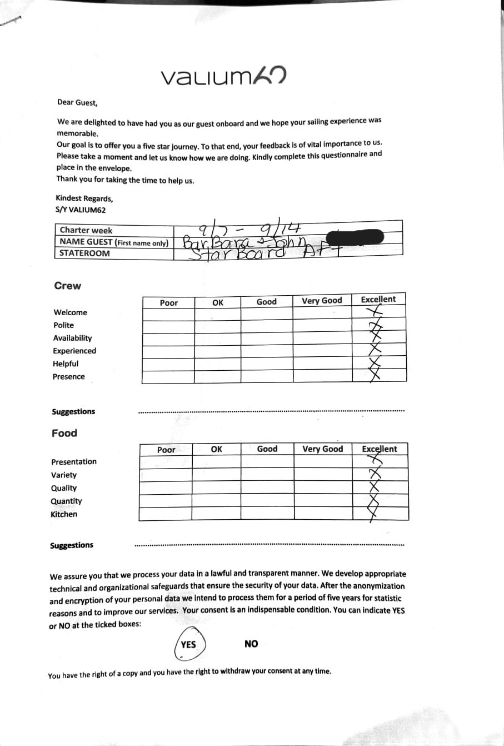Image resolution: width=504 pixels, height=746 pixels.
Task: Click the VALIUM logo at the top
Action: [x=223, y=76]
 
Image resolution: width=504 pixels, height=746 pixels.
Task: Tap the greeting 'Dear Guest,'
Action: [x=77, y=102]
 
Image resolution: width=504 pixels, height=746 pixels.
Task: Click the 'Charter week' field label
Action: [x=86, y=230]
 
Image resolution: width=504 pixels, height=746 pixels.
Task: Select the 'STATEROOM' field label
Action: [x=85, y=253]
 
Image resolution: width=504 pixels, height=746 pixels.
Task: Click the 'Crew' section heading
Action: [x=68, y=286]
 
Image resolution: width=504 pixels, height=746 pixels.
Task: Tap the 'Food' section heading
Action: [x=64, y=433]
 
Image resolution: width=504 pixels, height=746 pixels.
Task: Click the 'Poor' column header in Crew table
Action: [x=169, y=302]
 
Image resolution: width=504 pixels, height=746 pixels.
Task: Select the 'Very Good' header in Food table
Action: [x=323, y=449]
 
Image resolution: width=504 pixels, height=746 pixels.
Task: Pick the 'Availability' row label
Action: [x=73, y=338]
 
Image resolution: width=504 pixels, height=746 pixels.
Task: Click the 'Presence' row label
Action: [x=69, y=376]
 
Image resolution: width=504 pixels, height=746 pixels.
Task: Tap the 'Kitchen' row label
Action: [x=64, y=514]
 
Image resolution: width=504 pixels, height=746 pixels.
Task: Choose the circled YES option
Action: [x=188, y=644]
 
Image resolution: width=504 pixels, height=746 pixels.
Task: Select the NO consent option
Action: [x=251, y=644]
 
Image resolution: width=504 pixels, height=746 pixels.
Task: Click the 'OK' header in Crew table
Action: [x=218, y=302]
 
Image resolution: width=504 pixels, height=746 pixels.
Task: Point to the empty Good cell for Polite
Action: [x=267, y=327]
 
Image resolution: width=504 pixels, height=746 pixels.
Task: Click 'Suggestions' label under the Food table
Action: [x=72, y=545]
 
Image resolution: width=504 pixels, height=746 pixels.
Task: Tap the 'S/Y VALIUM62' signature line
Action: [x=81, y=210]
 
